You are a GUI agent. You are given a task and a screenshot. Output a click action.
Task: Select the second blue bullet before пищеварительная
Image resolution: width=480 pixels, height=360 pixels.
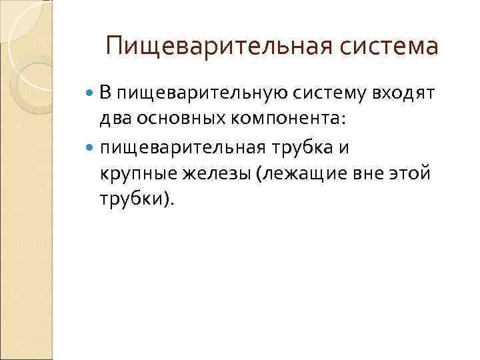(91, 147)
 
